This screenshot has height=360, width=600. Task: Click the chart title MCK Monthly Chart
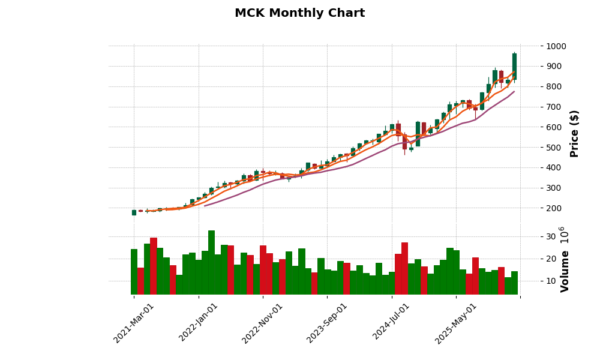(x=299, y=13)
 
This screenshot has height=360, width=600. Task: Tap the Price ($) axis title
(x=574, y=133)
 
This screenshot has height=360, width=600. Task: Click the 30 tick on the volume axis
(x=550, y=237)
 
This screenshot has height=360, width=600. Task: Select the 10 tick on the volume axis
(x=550, y=281)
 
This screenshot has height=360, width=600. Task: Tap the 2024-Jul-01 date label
(x=392, y=322)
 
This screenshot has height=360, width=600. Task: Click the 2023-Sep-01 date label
(x=328, y=322)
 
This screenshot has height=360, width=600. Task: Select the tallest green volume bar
(x=211, y=262)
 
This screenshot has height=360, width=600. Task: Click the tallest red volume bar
(x=154, y=266)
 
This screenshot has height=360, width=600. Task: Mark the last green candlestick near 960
(x=514, y=66)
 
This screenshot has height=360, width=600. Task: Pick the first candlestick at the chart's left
(x=134, y=212)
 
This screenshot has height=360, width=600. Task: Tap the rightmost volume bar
(x=514, y=283)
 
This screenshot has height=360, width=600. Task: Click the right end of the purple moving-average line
(x=514, y=92)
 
